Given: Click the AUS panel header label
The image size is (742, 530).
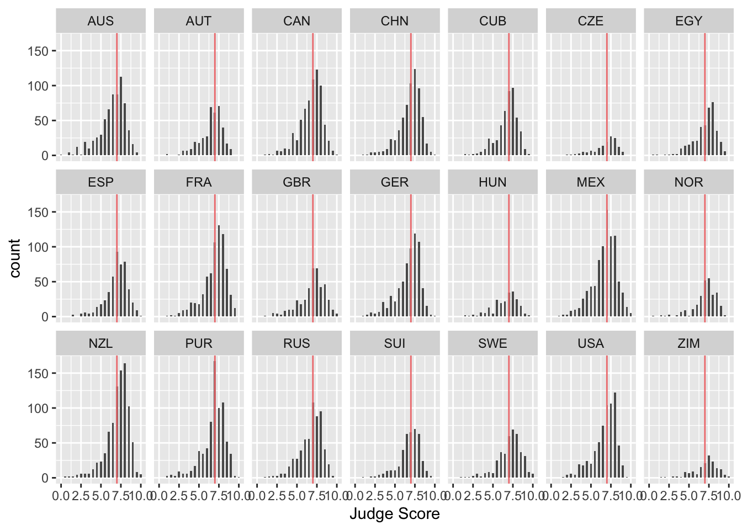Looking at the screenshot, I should [x=100, y=21].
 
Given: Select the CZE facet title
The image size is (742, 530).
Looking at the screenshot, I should [x=590, y=21].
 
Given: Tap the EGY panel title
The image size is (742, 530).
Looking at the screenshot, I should [x=688, y=21].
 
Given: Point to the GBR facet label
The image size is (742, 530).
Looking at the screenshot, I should [x=296, y=182].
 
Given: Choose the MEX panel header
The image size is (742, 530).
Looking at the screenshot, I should [x=590, y=182].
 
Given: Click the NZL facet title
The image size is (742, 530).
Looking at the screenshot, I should [x=100, y=343].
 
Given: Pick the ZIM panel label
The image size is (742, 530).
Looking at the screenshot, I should [x=688, y=343].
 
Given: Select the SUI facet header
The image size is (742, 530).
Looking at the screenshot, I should [x=394, y=343].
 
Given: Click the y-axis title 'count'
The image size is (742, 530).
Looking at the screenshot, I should [x=15, y=258].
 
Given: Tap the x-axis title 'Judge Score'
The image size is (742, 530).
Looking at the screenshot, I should [x=394, y=514].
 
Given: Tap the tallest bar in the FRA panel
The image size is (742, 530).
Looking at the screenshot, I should [x=219, y=271].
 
